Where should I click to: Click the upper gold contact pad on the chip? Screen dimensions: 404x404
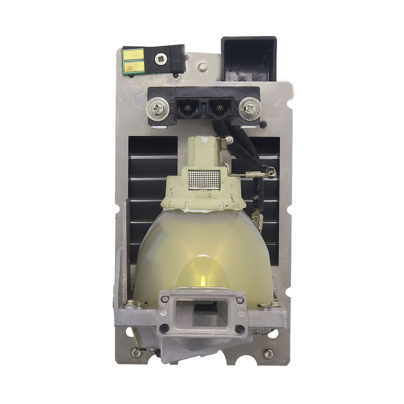coord(133,55)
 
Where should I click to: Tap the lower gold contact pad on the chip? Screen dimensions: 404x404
coord(133,67)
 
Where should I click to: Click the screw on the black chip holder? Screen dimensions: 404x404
coord(161,59)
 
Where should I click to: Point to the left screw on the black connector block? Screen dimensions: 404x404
coord(158,107)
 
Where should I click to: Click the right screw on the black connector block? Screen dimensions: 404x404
coord(250,107)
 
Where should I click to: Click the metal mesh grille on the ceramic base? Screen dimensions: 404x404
coord(204,179)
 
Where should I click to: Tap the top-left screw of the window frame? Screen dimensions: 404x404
coord(165,299)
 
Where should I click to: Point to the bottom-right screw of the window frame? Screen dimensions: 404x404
coord(239,328)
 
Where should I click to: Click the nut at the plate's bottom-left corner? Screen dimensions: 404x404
coord(136,352)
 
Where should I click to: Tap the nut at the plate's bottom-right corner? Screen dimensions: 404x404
coord(269,353)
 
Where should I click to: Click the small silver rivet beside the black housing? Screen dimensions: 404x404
coord(203,67)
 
